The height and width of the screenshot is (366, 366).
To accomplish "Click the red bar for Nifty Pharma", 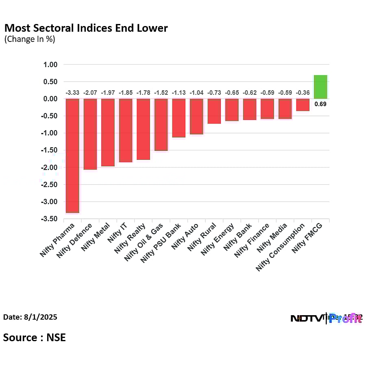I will [72, 155].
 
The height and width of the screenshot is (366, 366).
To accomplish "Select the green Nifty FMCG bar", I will [320, 87].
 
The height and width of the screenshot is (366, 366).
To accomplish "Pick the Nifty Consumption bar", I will [303, 105].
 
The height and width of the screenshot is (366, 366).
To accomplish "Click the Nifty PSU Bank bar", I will [179, 118].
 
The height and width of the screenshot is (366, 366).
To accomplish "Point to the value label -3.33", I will [72, 93].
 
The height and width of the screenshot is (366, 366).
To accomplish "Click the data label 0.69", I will [320, 104].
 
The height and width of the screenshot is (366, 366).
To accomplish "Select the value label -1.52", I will [161, 93].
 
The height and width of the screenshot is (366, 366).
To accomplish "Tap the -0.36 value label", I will [303, 93].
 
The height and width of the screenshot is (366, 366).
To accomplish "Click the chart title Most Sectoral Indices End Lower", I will [86, 28].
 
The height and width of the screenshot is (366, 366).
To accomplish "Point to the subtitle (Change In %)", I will [30, 39].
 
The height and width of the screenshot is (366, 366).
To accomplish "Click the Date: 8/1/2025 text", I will [30, 317].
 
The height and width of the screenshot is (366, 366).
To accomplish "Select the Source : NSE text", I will [35, 338].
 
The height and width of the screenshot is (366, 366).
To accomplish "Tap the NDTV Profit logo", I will [326, 318].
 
